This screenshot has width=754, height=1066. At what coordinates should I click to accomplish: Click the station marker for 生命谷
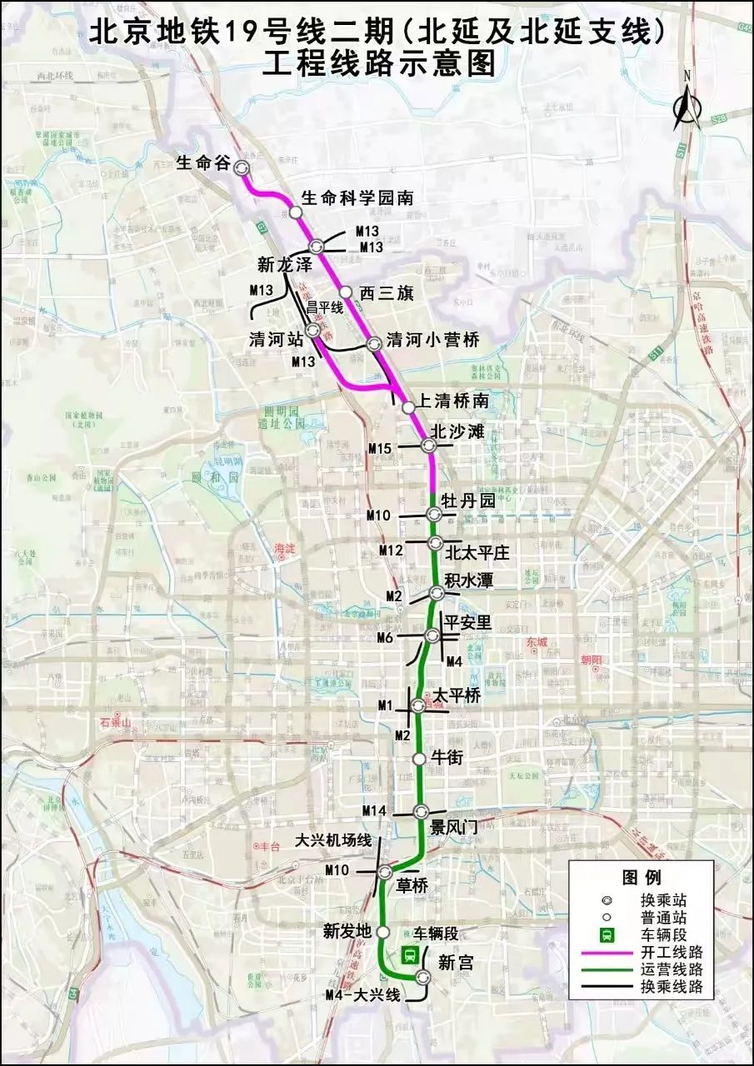(x=242, y=167)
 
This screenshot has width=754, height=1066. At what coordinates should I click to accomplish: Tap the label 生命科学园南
(x=357, y=198)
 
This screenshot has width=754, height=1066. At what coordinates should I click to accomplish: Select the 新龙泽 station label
(x=284, y=265)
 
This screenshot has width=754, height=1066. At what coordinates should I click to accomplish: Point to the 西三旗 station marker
(x=346, y=291)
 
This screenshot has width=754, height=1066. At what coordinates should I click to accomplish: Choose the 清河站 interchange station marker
(x=313, y=331)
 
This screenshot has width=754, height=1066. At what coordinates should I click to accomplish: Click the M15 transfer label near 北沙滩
(x=380, y=449)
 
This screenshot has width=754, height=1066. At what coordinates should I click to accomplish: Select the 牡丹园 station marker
(x=434, y=513)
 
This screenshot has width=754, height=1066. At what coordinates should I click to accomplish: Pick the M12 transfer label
(x=391, y=550)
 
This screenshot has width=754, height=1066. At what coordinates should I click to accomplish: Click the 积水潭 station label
(x=469, y=580)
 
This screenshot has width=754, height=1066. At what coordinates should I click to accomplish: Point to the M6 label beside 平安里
(x=385, y=638)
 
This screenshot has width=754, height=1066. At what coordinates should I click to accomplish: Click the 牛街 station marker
(x=420, y=758)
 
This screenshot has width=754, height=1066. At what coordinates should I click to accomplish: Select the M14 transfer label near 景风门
(x=374, y=811)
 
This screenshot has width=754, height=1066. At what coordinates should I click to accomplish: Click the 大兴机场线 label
(x=333, y=841)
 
